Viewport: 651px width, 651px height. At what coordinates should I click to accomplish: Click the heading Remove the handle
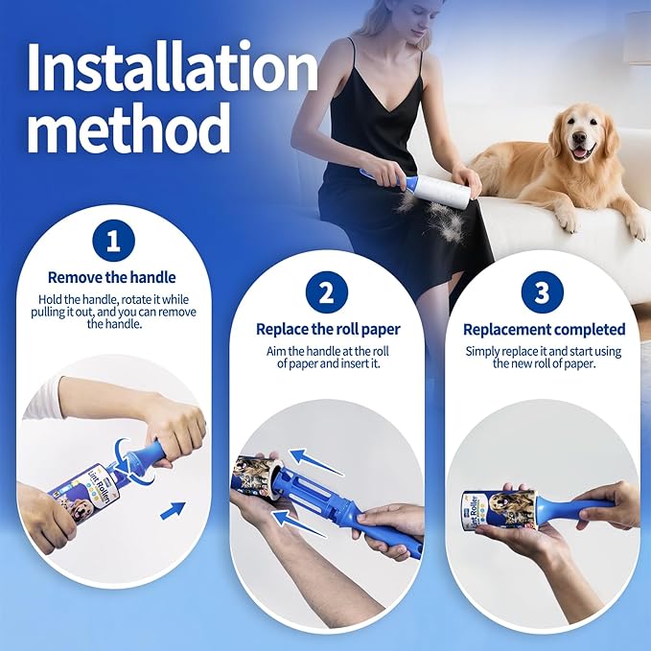tap(112, 277)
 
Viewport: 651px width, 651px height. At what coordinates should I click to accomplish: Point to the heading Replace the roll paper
tap(328, 329)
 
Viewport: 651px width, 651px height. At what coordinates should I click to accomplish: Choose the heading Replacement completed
tap(544, 329)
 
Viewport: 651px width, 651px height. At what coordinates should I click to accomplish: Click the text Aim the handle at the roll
tap(326, 352)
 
